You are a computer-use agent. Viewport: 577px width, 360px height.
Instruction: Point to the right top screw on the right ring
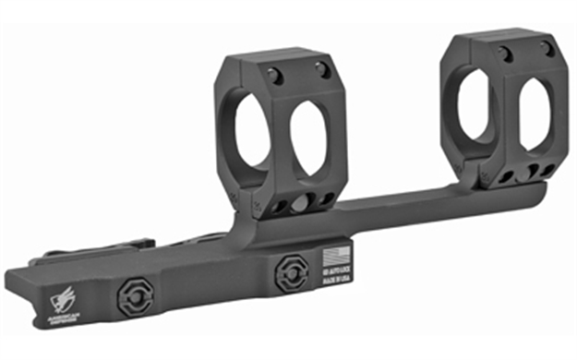pos(547,48)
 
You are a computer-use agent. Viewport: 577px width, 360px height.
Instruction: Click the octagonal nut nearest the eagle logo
pos(130,296)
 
